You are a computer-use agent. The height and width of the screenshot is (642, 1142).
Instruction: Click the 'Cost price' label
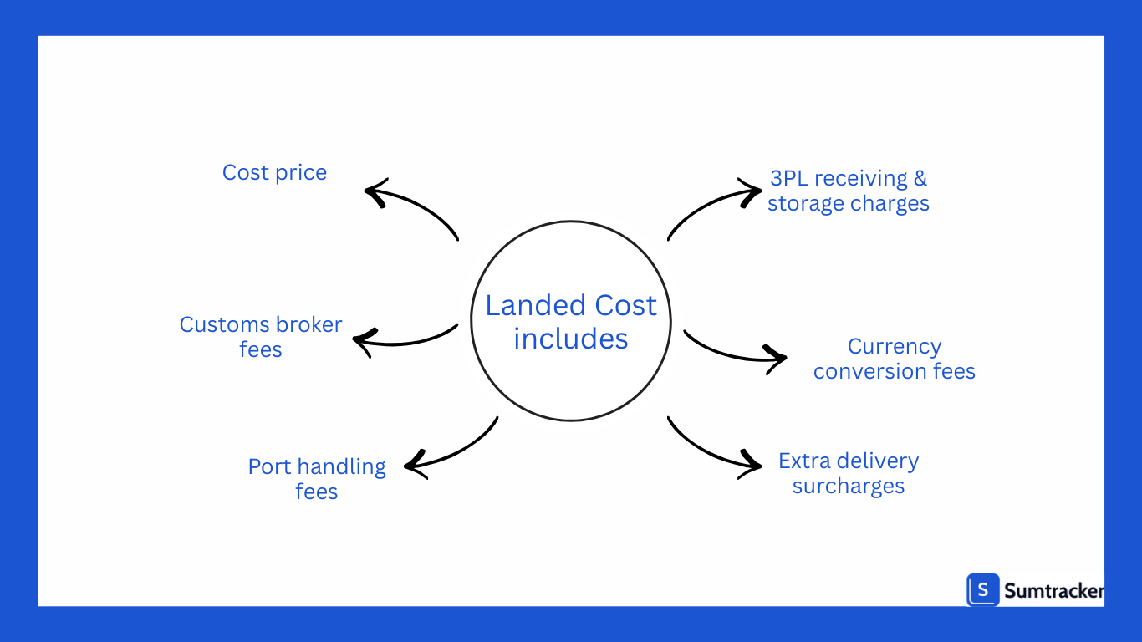[274, 172]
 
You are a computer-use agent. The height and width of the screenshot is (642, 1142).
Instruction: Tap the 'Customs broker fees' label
[261, 336]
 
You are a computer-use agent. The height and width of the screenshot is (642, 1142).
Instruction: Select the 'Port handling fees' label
[317, 478]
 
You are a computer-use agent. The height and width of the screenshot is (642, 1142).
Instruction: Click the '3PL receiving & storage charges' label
[849, 191]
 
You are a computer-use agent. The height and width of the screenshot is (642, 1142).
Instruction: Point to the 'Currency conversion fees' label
[895, 359]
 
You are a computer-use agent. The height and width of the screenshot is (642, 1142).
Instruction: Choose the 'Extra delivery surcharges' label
[849, 473]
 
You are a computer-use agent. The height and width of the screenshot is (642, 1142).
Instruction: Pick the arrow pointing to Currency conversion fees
[732, 352]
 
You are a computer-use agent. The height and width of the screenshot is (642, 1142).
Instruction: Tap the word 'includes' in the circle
[571, 339]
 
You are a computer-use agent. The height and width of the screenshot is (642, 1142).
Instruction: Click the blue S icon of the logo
[983, 589]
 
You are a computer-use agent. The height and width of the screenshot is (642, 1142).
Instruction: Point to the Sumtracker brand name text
[1053, 591]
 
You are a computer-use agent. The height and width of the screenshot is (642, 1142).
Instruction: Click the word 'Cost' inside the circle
[625, 306]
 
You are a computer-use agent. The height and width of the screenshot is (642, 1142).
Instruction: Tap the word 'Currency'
[895, 346]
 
